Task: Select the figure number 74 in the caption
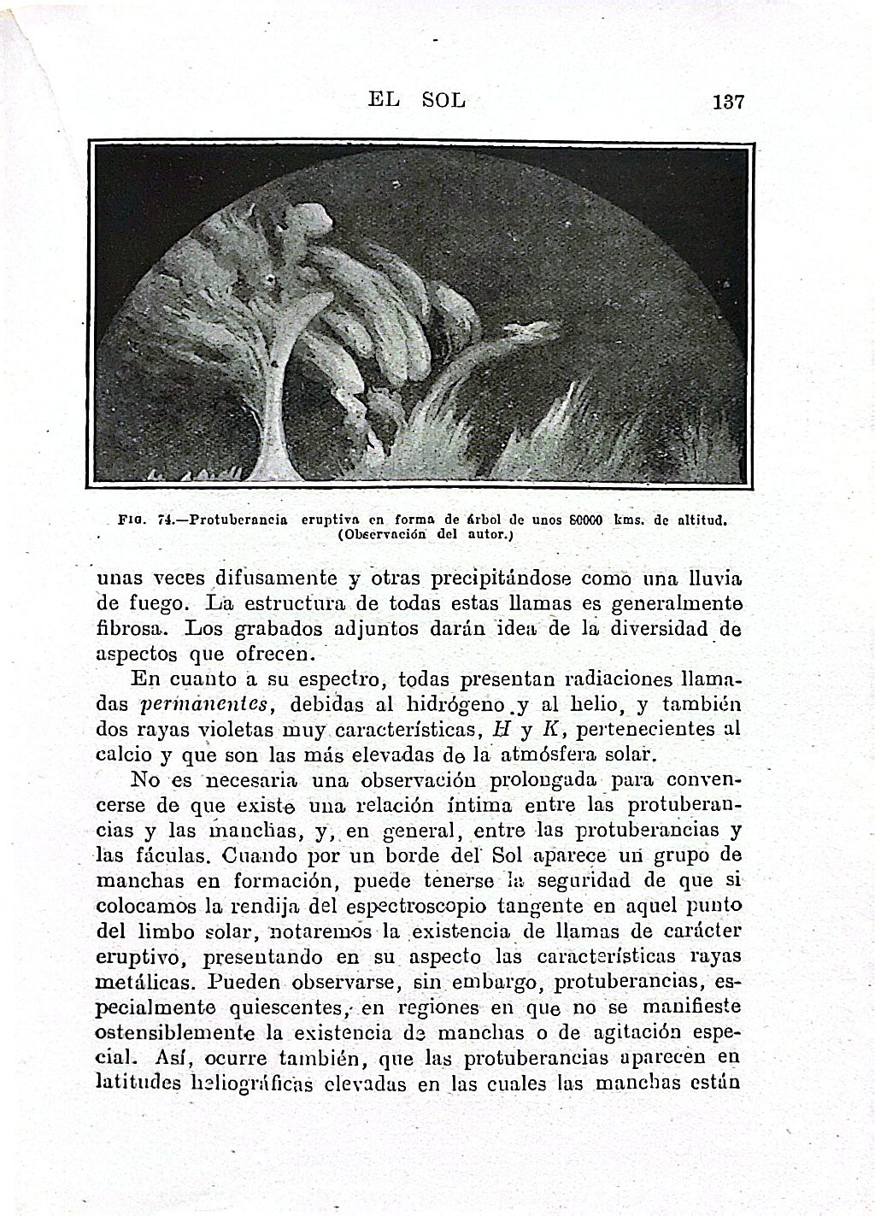166,519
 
